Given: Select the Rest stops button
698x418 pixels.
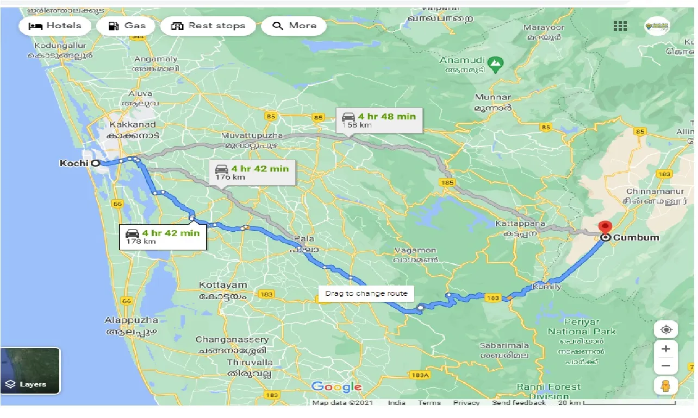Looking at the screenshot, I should pyautogui.click(x=208, y=26).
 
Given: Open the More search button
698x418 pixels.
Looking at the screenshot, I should pyautogui.click(x=294, y=26).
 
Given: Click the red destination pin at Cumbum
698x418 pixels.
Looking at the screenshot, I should pyautogui.click(x=604, y=227).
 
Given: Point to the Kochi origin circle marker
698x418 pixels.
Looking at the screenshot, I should pyautogui.click(x=95, y=163).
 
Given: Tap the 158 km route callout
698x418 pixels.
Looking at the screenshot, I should pyautogui.click(x=379, y=121).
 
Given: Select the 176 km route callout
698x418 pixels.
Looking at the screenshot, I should pyautogui.click(x=252, y=172).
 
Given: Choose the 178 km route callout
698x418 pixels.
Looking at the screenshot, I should pyautogui.click(x=163, y=237).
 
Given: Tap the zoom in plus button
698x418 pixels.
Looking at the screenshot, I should pyautogui.click(x=666, y=349).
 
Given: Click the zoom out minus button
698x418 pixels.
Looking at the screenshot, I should pyautogui.click(x=666, y=366).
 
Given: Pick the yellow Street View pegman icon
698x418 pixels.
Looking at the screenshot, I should pyautogui.click(x=666, y=386).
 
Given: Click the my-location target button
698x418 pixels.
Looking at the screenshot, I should pyautogui.click(x=666, y=329).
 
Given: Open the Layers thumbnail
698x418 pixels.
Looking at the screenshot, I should pyautogui.click(x=30, y=371).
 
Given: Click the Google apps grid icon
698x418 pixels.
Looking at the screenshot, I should pyautogui.click(x=620, y=26).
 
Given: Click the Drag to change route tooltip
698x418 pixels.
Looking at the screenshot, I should pyautogui.click(x=366, y=294).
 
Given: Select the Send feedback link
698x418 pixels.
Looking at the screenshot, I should pyautogui.click(x=519, y=403).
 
